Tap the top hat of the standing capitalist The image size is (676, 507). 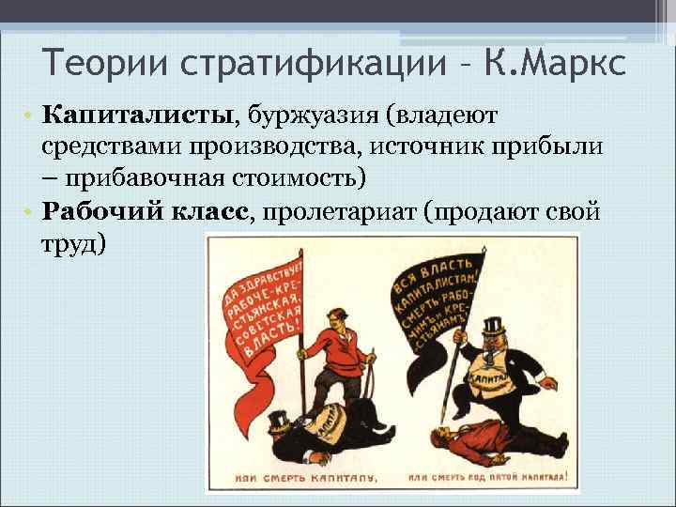[x=493, y=325]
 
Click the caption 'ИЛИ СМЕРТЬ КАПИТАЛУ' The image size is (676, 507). [x=299, y=477]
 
